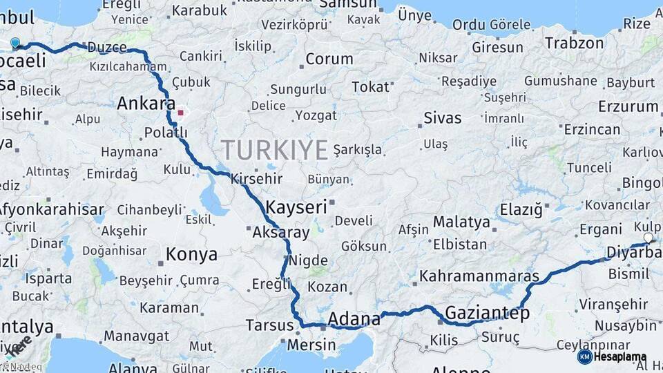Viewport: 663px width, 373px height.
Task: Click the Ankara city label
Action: click(146, 104)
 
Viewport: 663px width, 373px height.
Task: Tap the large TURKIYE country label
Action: click(274, 150)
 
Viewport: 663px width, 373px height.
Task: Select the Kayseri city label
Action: click(296, 207)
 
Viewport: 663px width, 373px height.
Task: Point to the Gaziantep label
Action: click(487, 313)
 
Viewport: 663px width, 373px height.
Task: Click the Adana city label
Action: click(354, 318)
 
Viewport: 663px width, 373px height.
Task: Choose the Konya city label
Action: click(191, 255)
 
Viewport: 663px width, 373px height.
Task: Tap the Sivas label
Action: click(442, 117)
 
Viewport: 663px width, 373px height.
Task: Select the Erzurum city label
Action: click(628, 106)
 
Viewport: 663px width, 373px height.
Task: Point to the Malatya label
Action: click(461, 222)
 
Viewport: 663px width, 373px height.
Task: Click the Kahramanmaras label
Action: click(479, 276)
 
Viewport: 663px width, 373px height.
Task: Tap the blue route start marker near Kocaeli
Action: click(15, 43)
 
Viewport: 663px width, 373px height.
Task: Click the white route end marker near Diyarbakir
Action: click(648, 238)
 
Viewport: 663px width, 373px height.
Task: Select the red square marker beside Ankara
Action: click(181, 112)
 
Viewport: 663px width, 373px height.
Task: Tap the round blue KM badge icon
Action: click(584, 356)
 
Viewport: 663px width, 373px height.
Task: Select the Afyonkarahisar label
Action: click(51, 209)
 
